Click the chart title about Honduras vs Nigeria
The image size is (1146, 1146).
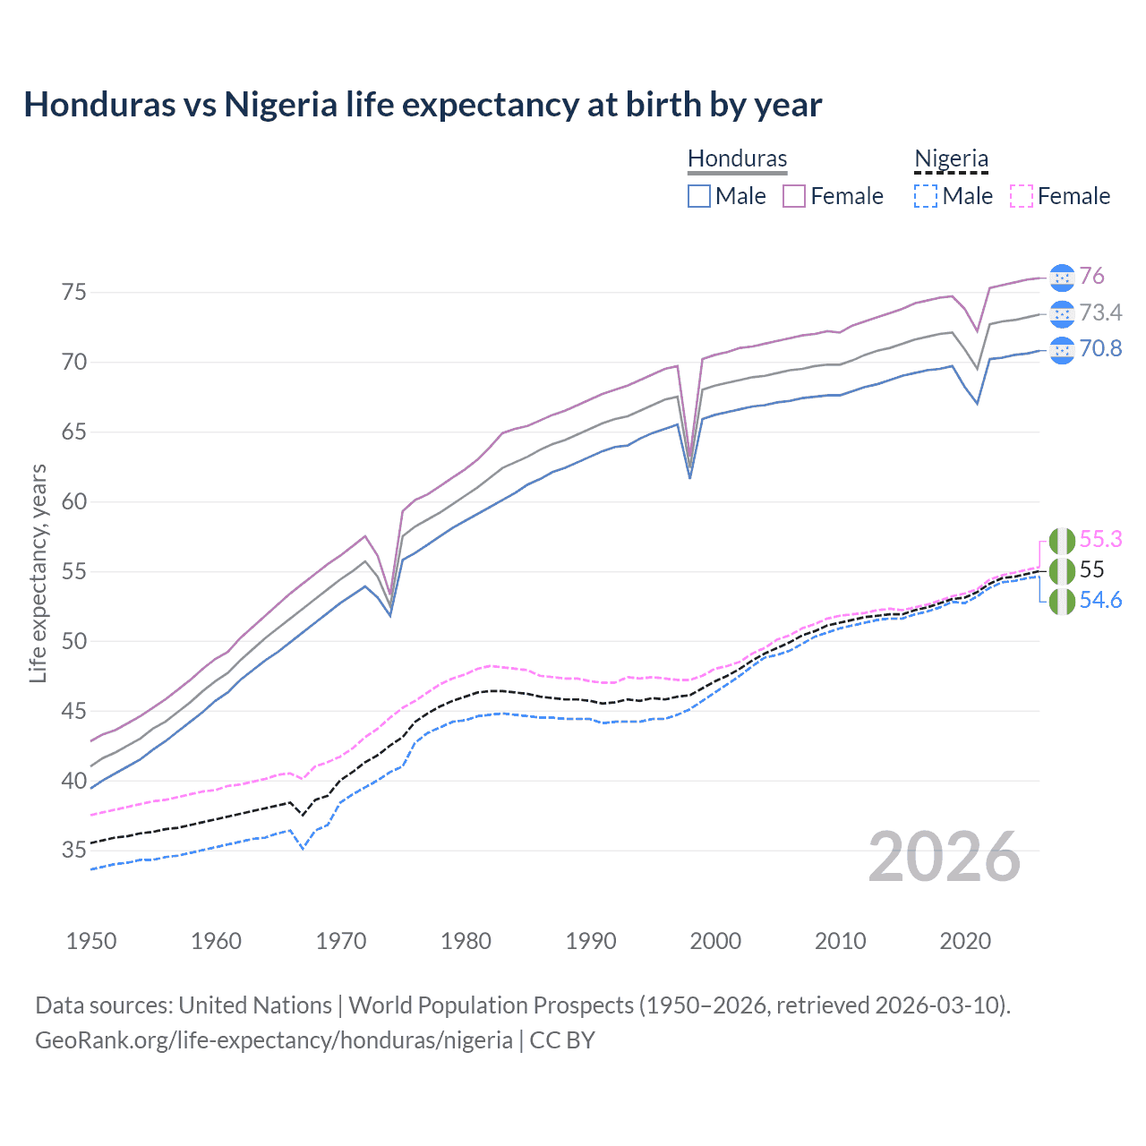point(423,105)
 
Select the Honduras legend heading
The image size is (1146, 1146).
point(737,158)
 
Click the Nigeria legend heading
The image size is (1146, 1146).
point(951,158)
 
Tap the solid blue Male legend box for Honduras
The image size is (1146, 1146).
point(699,196)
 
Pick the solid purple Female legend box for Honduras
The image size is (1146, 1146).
point(794,196)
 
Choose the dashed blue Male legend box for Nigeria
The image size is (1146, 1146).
point(926,196)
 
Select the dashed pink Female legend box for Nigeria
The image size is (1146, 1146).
point(1021,196)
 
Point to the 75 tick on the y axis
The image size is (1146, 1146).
point(74,293)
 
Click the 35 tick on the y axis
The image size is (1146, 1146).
point(74,850)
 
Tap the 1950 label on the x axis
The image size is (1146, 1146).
point(91,941)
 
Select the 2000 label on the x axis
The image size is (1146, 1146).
point(715,941)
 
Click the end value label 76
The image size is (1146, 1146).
point(1091,277)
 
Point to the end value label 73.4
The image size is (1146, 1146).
point(1100,312)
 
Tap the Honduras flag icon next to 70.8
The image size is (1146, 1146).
point(1061,350)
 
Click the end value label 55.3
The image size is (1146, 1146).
point(1100,539)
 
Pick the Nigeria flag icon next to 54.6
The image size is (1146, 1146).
point(1061,601)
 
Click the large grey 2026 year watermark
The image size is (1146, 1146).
point(945,858)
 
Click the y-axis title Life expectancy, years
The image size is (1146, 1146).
point(38,573)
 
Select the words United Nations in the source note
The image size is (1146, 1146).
point(255,1005)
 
